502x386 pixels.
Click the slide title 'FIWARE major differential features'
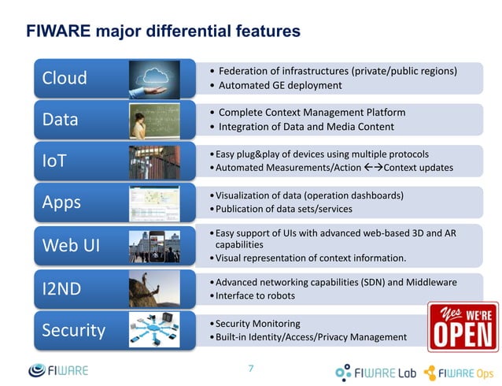163,32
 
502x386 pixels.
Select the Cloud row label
65,79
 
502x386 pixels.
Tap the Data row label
61,120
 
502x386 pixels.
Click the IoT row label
55,161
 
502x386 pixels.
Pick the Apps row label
61,202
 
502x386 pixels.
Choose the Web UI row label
72,246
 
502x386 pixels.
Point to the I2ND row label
61,288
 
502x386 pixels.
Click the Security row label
73,329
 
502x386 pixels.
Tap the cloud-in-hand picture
163,78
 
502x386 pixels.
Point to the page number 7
251,368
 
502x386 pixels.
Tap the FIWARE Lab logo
375,372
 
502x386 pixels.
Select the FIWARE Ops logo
459,372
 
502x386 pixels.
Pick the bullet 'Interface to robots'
255,295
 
